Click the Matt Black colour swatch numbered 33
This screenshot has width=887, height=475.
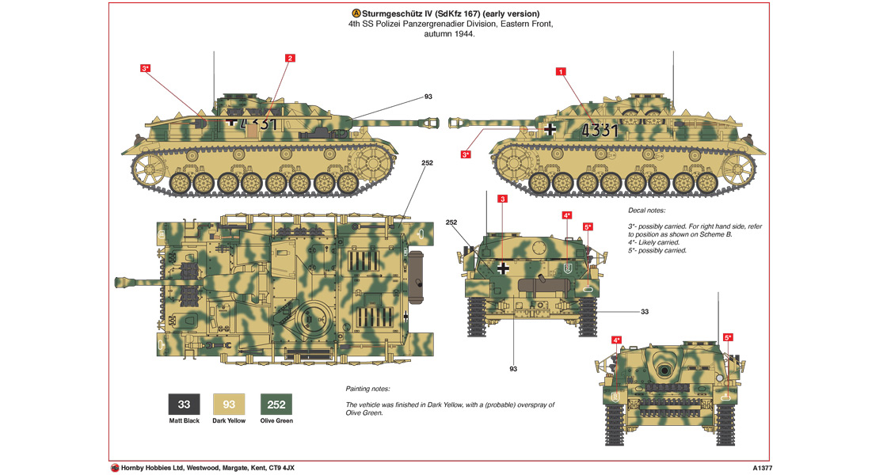point(184,405)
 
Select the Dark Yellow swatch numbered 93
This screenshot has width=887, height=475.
point(229,405)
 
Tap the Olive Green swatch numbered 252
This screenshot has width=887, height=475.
point(276,405)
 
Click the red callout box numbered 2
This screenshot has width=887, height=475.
point(290,58)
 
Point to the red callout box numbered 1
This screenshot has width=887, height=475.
point(562,71)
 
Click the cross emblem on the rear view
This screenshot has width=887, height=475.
point(504,268)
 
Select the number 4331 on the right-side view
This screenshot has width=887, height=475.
point(599,131)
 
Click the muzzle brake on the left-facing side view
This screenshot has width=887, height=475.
point(456,122)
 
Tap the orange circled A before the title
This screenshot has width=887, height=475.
point(356,14)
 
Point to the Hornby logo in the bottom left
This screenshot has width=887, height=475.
point(115,467)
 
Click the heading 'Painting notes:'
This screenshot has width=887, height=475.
point(367,389)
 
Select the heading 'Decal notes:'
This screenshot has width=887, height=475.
point(646,211)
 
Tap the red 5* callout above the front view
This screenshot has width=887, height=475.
point(728,337)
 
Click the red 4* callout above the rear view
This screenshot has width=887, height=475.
point(566,215)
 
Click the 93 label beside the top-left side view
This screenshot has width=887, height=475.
point(428,97)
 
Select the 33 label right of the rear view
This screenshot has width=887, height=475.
point(644,312)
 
